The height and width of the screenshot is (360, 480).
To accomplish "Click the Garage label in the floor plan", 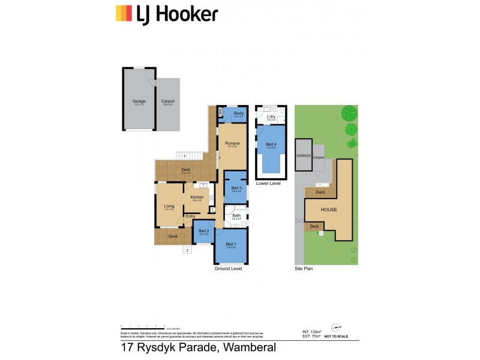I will click(x=139, y=101).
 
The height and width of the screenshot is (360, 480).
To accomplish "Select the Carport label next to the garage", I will click(x=168, y=101).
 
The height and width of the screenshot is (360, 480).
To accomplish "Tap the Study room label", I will click(x=238, y=112).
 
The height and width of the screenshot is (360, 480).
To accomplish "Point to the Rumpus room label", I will click(x=232, y=143).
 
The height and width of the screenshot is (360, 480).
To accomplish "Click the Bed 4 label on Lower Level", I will click(x=271, y=145).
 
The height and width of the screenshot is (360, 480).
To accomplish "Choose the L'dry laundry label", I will click(x=271, y=117).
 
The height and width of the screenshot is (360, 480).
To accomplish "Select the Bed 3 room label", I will click(x=236, y=188).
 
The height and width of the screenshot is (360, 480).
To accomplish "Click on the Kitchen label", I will click(x=198, y=197).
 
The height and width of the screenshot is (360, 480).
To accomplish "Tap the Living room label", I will click(x=169, y=206).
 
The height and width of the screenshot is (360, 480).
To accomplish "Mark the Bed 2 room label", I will click(x=204, y=231).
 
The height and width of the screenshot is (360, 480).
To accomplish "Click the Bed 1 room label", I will click(x=231, y=244).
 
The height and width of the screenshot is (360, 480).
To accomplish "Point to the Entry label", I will click(x=190, y=216).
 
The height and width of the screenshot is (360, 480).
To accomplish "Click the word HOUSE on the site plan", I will click(x=328, y=210).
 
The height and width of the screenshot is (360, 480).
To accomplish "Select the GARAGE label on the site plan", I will click(x=304, y=155).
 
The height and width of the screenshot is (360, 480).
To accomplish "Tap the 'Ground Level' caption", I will click(x=228, y=269).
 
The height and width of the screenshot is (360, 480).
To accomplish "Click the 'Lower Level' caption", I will click(x=268, y=183).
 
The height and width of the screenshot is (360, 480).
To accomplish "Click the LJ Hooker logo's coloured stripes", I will click(x=124, y=13).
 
